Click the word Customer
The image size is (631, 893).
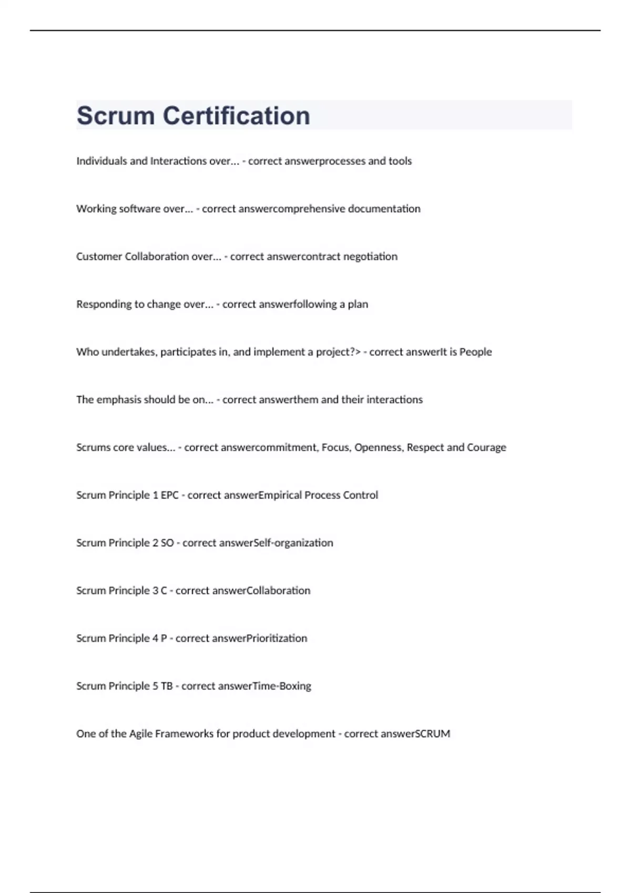pyautogui.click(x=99, y=257)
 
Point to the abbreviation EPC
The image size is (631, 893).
pyautogui.click(x=169, y=495)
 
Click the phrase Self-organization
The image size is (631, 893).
pyautogui.click(x=302, y=543)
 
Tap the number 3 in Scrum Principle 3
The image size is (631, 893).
pyautogui.click(x=155, y=591)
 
